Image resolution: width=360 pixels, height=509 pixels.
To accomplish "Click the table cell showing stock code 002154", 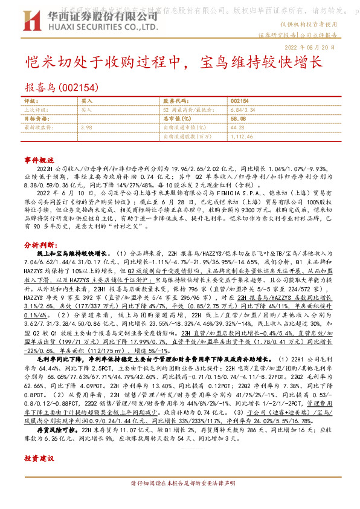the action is point(240,101).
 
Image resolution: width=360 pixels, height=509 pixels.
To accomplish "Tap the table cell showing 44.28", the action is point(237,128).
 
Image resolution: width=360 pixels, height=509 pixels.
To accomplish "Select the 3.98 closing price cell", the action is point(86,128).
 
